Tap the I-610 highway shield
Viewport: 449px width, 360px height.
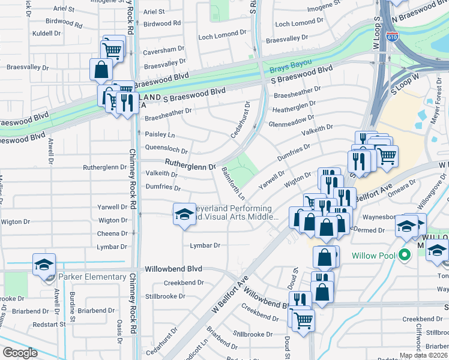tap(392, 37)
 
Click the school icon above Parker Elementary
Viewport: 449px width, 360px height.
tap(44, 265)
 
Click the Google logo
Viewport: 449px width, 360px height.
tap(20, 352)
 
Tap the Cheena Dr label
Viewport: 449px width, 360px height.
tap(113, 233)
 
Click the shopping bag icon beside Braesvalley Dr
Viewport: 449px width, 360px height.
tap(101, 70)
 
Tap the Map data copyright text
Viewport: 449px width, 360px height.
tap(423, 355)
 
